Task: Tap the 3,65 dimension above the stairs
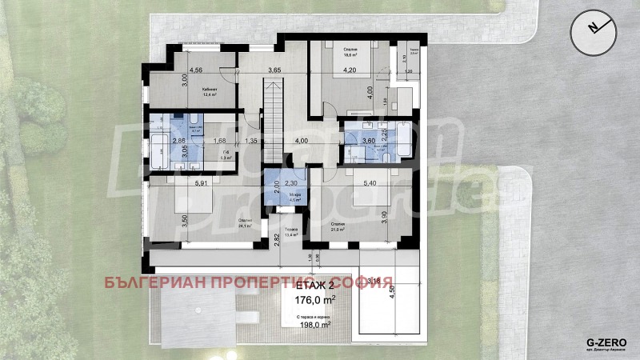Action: (x=274, y=70)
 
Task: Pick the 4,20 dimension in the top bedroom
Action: (x=350, y=70)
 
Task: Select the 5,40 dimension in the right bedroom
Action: (x=370, y=182)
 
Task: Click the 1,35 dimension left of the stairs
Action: (x=251, y=142)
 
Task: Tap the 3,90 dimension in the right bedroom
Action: (x=384, y=216)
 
